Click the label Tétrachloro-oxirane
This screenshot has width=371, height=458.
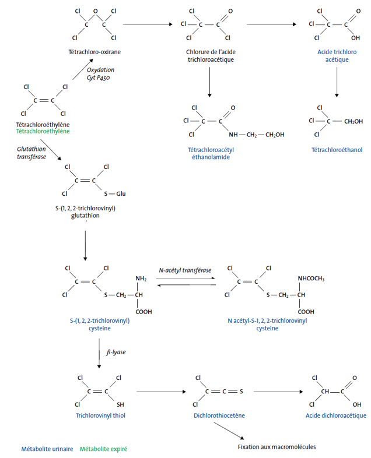(94, 52)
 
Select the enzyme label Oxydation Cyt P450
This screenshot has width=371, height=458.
(100, 73)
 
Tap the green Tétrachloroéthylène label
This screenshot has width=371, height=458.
(43, 132)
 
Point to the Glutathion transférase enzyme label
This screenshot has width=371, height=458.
(32, 153)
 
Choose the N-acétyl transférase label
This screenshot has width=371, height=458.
(185, 270)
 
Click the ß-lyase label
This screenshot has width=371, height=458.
(116, 353)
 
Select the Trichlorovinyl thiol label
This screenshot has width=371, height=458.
(100, 415)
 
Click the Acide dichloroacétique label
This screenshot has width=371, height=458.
(335, 415)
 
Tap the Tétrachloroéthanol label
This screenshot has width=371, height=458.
(337, 150)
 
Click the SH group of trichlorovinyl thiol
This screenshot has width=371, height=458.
(121, 404)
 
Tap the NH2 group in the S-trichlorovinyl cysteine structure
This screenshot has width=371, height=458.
(141, 279)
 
